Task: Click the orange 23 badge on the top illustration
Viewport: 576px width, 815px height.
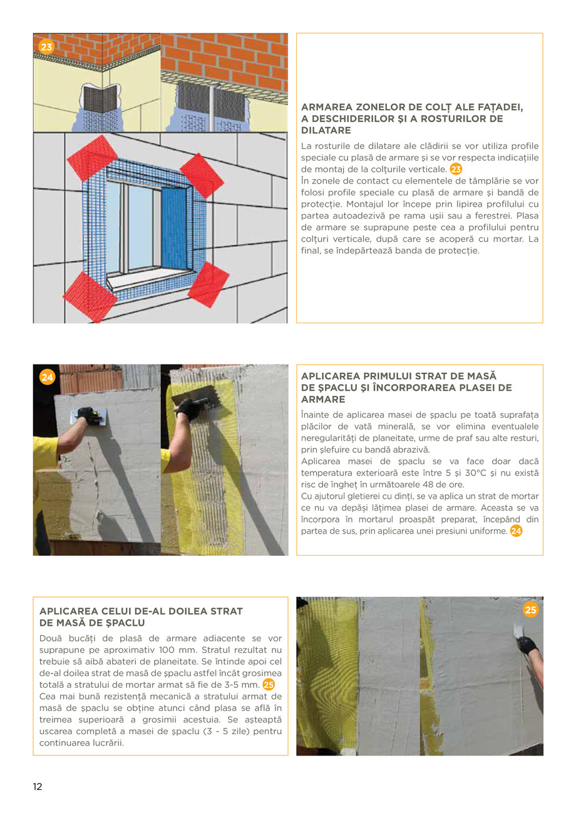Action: pos(46,46)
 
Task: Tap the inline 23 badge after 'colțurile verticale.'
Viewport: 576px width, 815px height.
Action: pos(456,169)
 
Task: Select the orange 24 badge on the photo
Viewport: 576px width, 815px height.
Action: pos(47,376)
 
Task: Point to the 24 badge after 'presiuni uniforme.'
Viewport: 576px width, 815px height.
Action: pos(516,531)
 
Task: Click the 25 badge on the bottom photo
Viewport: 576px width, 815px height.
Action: pos(530,610)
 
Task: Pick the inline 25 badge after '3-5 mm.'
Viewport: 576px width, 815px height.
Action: pos(269,684)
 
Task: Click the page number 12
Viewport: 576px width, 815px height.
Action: pos(38,787)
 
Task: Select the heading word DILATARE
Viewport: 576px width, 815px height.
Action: pos(326,130)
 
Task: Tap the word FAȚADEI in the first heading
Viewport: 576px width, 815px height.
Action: pos(498,107)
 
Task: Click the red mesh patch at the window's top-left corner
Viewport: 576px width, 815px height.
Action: pos(92,158)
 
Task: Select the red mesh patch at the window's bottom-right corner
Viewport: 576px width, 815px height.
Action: pos(208,284)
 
